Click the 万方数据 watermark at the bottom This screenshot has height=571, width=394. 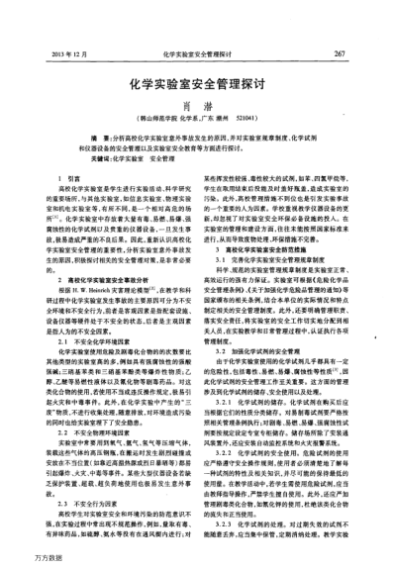(22, 559)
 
